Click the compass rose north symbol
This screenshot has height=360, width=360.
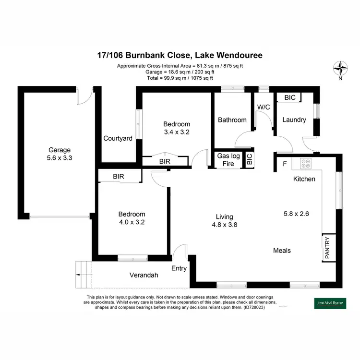click(341, 68)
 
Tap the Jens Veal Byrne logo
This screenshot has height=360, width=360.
click(326, 303)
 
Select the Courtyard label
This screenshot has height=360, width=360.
click(118, 139)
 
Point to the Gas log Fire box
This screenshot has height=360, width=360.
click(228, 160)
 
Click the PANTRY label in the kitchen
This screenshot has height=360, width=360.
click(327, 248)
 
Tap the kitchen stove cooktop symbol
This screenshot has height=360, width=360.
click(305, 164)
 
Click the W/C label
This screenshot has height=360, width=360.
click(263, 107)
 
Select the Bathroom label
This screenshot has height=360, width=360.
click(232, 120)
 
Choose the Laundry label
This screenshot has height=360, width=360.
click(294, 120)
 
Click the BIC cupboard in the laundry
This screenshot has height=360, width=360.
click(289, 97)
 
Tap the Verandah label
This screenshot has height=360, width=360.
click(144, 276)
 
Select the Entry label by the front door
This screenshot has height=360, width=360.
click(179, 268)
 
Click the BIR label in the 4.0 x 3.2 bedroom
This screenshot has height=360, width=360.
click(119, 177)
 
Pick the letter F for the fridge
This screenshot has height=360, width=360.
click(285, 164)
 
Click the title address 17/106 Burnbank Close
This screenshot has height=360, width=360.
click(180, 56)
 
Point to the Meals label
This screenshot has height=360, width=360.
click(282, 251)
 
